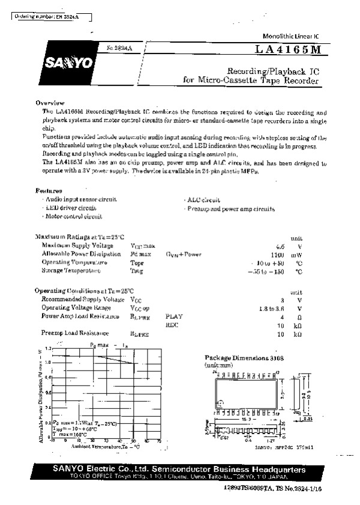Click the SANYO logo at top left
(x=58, y=62)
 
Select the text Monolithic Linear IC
(x=291, y=37)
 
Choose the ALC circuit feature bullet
(x=203, y=200)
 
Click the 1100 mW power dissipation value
(x=276, y=255)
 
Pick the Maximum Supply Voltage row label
(x=77, y=246)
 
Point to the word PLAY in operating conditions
(x=174, y=316)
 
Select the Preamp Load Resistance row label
(x=75, y=333)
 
